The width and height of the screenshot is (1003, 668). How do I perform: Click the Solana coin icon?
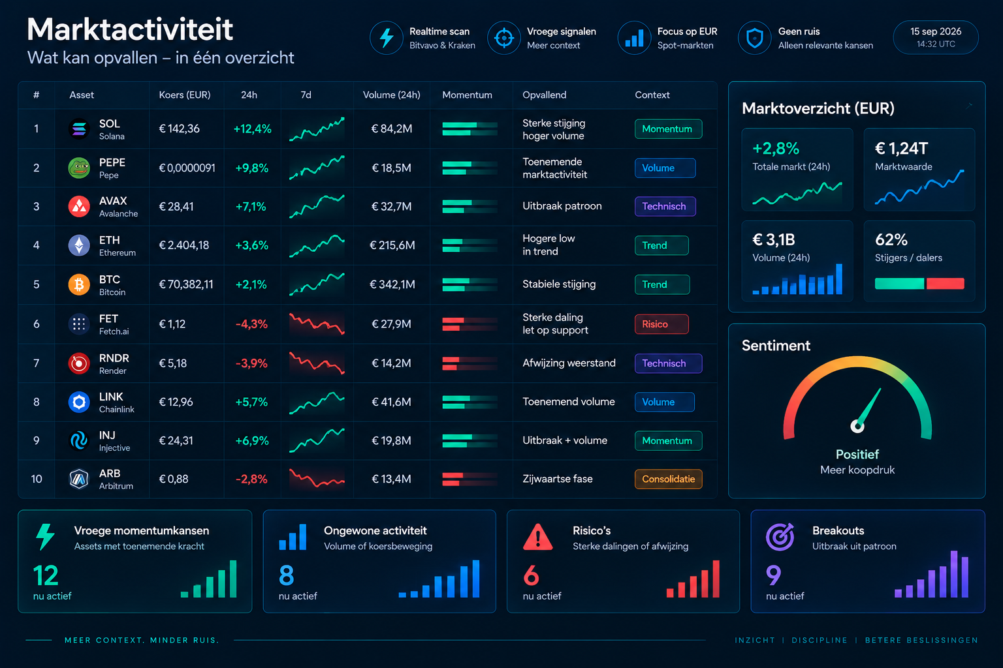pos(79,129)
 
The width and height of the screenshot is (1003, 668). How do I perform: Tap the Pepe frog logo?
pos(79,168)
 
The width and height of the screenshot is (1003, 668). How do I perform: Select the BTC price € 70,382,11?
pos(186,284)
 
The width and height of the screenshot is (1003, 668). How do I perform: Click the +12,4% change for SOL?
pos(253,129)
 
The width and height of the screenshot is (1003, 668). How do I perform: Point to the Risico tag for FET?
pos(661,324)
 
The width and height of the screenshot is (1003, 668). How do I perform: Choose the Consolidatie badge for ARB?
pos(668,479)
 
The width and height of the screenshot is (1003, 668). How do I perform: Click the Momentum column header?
pos(467,95)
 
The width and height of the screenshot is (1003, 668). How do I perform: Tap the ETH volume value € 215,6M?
pos(392,245)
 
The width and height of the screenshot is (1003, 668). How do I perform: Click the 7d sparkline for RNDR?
pos(317,363)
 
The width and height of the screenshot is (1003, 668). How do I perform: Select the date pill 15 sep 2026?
pos(935,37)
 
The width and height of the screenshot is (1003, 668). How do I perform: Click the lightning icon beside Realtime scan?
pos(387,38)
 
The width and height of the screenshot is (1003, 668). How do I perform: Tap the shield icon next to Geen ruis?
pos(754,38)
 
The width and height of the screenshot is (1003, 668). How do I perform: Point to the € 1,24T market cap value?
pos(901,149)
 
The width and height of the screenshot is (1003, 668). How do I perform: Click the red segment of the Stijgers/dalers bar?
pos(946,284)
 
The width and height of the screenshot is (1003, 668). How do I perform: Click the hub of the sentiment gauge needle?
pos(857,425)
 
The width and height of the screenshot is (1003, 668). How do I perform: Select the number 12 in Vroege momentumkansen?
pos(46,575)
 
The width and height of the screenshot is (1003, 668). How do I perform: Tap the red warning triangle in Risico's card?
pos(538,537)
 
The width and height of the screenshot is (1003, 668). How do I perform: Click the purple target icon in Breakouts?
pos(780,536)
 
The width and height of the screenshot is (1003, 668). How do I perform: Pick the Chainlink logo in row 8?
pos(79,402)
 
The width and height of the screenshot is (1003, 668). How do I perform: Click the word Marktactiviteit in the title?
pos(130,29)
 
